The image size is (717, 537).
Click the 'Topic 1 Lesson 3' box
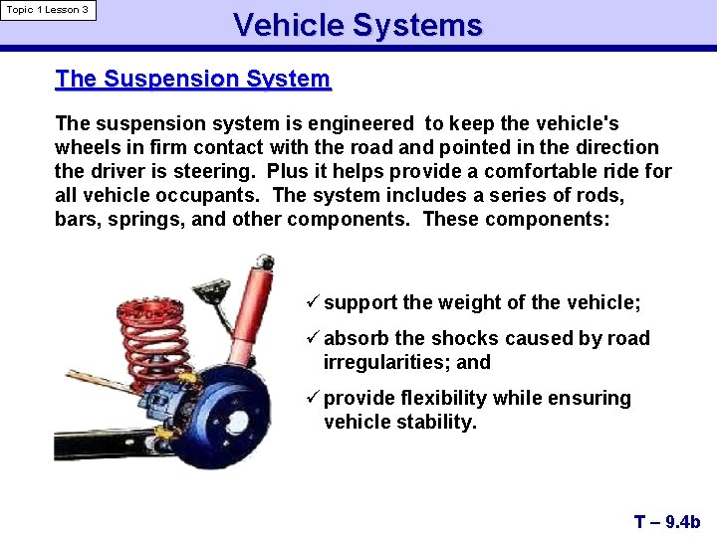[x=48, y=10]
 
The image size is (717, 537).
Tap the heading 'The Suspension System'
[x=192, y=79]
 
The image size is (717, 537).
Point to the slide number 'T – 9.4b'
[x=667, y=521]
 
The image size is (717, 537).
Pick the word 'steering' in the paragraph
[x=213, y=171]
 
